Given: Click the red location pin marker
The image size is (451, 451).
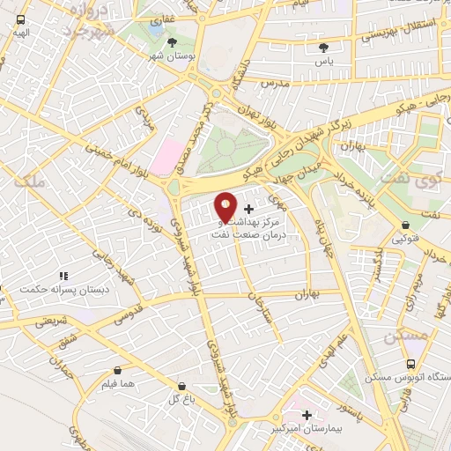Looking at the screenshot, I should [x=226, y=207].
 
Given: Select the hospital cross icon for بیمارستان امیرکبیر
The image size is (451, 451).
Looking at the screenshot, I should [x=307, y=415].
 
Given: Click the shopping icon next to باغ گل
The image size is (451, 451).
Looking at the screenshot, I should [x=181, y=385].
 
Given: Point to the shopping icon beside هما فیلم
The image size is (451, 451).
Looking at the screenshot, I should [x=117, y=370].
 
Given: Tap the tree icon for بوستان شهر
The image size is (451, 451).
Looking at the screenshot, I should [x=172, y=41].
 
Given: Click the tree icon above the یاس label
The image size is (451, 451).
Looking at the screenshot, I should [x=327, y=48].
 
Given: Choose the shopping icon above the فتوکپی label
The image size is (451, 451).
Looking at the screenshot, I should [x=404, y=225].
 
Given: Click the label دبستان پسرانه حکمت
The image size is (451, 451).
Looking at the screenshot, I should [x=65, y=289].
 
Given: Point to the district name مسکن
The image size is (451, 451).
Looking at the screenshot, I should [x=406, y=336].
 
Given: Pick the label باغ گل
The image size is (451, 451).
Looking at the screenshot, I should [x=181, y=399].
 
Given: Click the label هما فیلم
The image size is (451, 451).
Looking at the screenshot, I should [x=116, y=384].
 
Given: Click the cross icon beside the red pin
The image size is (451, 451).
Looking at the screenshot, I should [x=249, y=210].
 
